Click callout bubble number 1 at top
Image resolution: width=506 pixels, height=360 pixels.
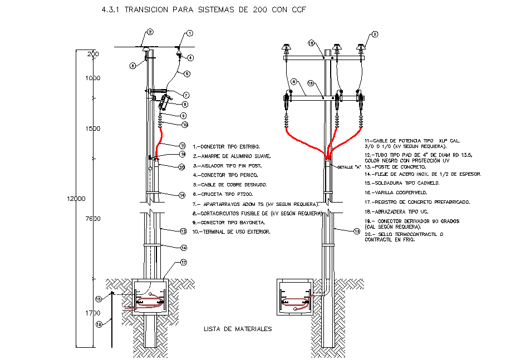tap(190, 33)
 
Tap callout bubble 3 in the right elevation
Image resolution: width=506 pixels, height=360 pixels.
tap(375, 34)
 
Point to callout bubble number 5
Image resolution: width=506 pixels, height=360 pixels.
tap(187, 73)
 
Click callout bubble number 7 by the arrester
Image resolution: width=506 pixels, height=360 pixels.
tap(185, 95)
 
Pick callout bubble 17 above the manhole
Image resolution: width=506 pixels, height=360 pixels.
tap(184, 263)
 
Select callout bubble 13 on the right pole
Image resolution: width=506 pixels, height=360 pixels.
tap(356, 231)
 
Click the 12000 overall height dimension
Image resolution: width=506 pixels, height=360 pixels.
tap(76, 199)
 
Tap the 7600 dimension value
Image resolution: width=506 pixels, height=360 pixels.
tap(92, 219)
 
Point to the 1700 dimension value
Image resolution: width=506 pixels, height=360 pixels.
tap(92, 313)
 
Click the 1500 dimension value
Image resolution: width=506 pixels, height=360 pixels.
tap(92, 129)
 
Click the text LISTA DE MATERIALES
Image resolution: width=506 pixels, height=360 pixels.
tap(237, 329)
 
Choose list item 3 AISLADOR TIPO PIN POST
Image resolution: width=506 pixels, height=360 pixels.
tap(227, 165)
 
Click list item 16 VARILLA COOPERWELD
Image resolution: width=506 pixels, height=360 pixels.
tap(392, 193)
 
